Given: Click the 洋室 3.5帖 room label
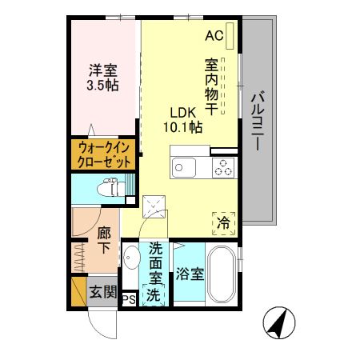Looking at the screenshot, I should coord(103,77).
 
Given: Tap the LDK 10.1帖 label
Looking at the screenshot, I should coord(183,119).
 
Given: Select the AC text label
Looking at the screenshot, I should coord(214,35).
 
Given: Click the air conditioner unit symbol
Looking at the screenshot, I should coord(230,36).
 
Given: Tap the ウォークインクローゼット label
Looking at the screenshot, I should coord(104,154).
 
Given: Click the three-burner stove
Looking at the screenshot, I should coord(222,168).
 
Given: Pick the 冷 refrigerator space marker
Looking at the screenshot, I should coord(224,222).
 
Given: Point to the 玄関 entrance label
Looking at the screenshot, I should coord(101,290).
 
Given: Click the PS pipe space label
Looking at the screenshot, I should coord(128,300).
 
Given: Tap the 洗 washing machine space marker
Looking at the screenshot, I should coord(154,294).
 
